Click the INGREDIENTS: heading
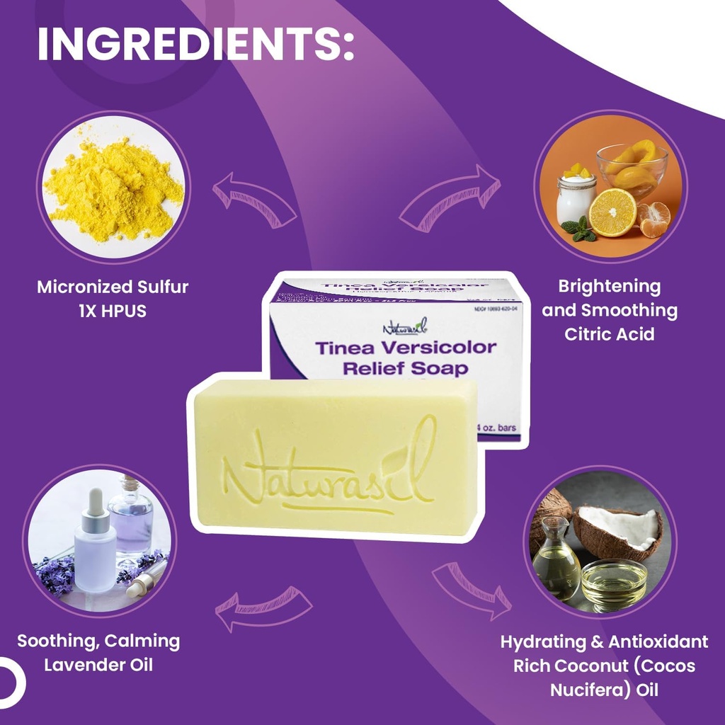click(195, 45)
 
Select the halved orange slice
click(612, 212)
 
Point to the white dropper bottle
click(95, 545)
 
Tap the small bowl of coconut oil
click(614, 584)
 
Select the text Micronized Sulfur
click(113, 287)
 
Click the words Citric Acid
click(609, 333)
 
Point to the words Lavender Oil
click(98, 665)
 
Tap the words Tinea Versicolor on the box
click(405, 348)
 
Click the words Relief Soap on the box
click(405, 369)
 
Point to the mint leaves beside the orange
click(578, 230)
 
